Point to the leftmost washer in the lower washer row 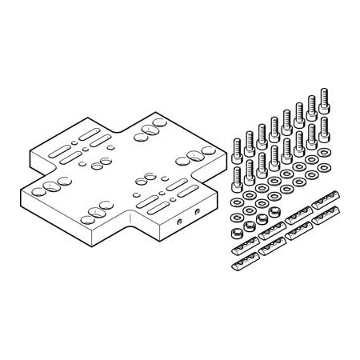(x=237, y=216)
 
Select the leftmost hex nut (x=237, y=234)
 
